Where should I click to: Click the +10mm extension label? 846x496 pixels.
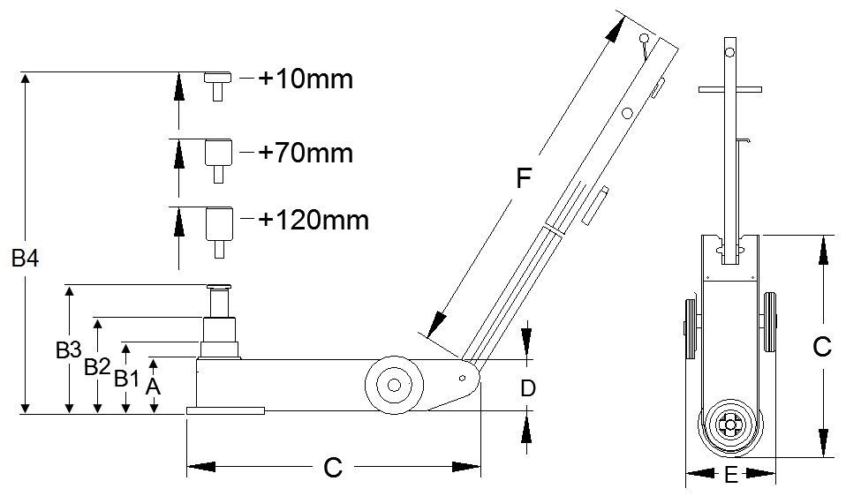click(x=306, y=79)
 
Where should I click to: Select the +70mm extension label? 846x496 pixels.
click(x=306, y=153)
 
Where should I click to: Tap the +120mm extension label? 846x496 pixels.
click(x=313, y=220)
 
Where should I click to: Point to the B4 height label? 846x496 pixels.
click(x=25, y=259)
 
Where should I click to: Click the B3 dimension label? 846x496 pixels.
click(x=69, y=350)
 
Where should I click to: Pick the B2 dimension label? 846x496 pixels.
click(x=97, y=367)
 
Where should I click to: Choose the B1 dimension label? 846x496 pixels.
click(x=127, y=379)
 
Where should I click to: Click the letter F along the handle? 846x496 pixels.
click(x=524, y=178)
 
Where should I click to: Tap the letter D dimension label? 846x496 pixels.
click(x=528, y=387)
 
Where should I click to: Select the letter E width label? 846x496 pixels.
click(x=730, y=475)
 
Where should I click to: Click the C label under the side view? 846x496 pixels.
click(x=333, y=467)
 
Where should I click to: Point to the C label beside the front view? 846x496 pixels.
click(x=822, y=347)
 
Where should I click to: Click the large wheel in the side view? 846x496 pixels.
click(x=394, y=385)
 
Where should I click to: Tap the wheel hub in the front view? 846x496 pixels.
click(x=730, y=425)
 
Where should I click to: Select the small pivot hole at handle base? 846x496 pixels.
click(x=462, y=378)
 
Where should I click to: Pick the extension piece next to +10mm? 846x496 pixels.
click(x=217, y=86)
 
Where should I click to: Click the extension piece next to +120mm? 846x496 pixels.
click(x=219, y=232)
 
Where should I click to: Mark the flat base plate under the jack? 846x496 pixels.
click(x=225, y=410)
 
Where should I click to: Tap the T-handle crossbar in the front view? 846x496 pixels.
click(x=730, y=89)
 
